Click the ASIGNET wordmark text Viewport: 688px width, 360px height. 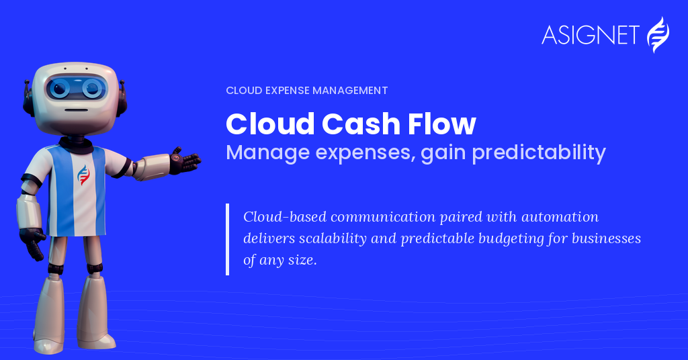pyautogui.click(x=590, y=35)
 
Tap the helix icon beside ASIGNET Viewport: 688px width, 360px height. pyautogui.click(x=658, y=35)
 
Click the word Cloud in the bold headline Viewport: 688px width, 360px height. pyautogui.click(x=270, y=124)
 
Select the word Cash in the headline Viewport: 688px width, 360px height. pyautogui.click(x=361, y=124)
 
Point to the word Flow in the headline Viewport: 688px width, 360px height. pyautogui.click(x=442, y=124)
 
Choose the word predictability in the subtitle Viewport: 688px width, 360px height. pyautogui.click(x=539, y=152)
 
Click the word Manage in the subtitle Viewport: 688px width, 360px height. pyautogui.click(x=267, y=154)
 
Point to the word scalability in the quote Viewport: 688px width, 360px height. pyautogui.click(x=333, y=238)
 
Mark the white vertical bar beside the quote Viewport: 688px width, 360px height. pyautogui.click(x=227, y=239)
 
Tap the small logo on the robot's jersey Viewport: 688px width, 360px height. pyautogui.click(x=83, y=175)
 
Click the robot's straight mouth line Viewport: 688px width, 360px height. pyautogui.click(x=77, y=109)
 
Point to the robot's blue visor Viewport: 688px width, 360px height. pyautogui.click(x=77, y=88)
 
